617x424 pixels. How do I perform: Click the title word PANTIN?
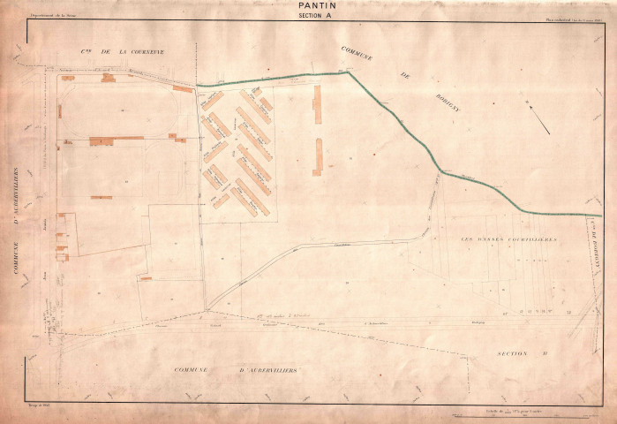coord(317,5)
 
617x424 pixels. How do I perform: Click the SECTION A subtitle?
coord(317,15)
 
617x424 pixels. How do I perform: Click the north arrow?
coord(539,119)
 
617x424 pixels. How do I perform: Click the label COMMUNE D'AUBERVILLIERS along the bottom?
coord(235,369)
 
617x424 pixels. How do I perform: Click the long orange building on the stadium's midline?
coord(116,140)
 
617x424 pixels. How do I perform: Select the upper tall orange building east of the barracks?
coord(317,104)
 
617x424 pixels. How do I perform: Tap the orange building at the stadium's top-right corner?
coord(183,88)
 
